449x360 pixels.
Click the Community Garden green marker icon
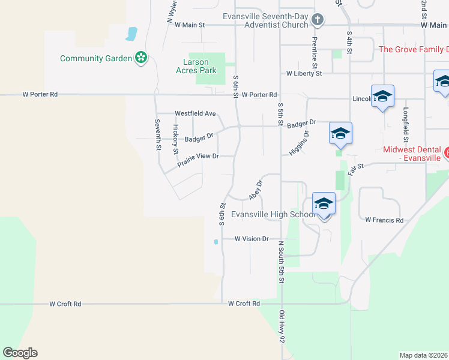click(x=141, y=58)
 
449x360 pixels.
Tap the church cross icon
click(x=318, y=21)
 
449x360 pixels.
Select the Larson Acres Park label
click(x=199, y=66)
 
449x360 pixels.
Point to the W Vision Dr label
click(x=252, y=239)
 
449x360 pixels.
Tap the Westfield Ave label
click(x=195, y=113)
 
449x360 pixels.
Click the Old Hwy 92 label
click(x=281, y=327)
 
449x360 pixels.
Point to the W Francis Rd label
click(x=384, y=220)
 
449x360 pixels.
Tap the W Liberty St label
click(x=304, y=74)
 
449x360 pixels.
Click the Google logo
click(x=20, y=353)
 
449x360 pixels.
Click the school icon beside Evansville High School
click(x=324, y=205)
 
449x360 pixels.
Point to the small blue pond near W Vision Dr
click(x=215, y=242)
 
